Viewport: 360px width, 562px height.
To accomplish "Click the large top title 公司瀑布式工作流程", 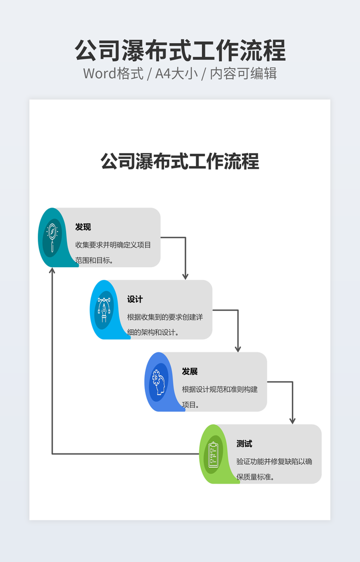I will pos(180,51).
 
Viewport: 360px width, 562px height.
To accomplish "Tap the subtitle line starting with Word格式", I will pos(180,73).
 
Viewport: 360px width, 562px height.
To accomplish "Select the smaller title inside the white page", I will pos(180,161).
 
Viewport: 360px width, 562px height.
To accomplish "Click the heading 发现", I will pos(83,227).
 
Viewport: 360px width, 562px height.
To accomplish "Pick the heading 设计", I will pos(135,300).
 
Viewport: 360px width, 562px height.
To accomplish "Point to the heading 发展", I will pos(190,371).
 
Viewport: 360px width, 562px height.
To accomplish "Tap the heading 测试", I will pos(244,444).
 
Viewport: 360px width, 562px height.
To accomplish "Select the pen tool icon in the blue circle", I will pos(104,309).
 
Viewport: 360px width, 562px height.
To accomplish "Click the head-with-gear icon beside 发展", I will pos(158,382).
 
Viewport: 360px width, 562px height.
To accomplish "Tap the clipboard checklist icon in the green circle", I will pos(213,454).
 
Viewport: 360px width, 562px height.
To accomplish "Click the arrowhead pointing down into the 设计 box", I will pos(185,276).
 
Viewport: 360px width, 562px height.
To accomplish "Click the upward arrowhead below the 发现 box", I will pos(52,271).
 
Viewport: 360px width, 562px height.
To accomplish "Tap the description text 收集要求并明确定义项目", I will pos(113,245).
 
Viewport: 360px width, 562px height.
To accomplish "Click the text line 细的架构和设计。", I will pos(153,333).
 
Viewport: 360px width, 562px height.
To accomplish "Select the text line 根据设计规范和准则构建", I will pos(219,389).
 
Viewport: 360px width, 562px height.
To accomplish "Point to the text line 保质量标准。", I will pos(256,477).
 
